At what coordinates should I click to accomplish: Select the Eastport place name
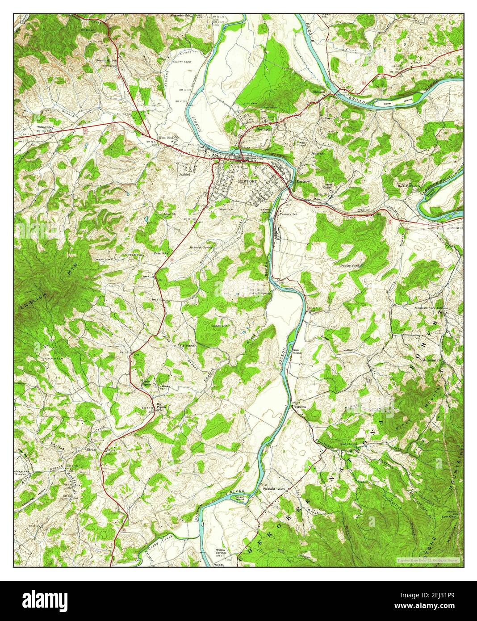tap(303, 182)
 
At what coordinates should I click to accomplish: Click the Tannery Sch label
tap(288, 214)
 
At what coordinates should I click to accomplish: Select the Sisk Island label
tap(297, 352)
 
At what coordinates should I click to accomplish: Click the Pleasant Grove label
tap(274, 489)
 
